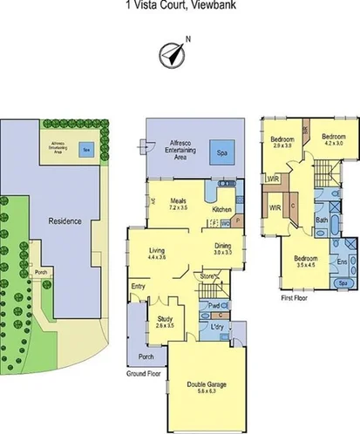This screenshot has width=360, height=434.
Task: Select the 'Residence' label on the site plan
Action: coord(65,221)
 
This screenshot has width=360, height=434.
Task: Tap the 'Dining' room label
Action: coord(223,247)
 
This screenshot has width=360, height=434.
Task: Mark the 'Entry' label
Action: coord(139,286)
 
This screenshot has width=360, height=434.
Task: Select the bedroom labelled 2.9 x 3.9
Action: coord(281,142)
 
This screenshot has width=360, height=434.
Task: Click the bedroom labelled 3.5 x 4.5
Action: coord(304,261)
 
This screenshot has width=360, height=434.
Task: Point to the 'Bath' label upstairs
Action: coord(322,220)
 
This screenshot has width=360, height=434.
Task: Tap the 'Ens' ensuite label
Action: coord(342,261)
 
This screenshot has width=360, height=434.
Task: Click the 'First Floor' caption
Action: coord(295,296)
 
